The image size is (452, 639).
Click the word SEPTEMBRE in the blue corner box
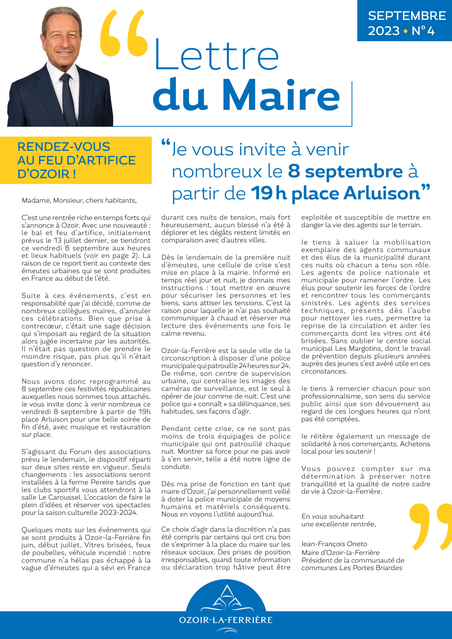point(407,16)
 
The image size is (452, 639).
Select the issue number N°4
point(423,31)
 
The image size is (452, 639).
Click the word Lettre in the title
point(217,55)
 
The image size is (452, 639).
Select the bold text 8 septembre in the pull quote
point(345,171)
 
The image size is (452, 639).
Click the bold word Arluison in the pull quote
point(382,193)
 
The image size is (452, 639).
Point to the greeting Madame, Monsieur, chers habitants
point(79,200)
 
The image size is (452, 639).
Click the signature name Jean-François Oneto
point(334,544)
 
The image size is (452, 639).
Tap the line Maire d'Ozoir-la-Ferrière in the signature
point(340,552)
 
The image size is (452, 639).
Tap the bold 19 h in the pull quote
point(269,193)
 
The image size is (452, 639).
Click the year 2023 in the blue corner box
point(384,31)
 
